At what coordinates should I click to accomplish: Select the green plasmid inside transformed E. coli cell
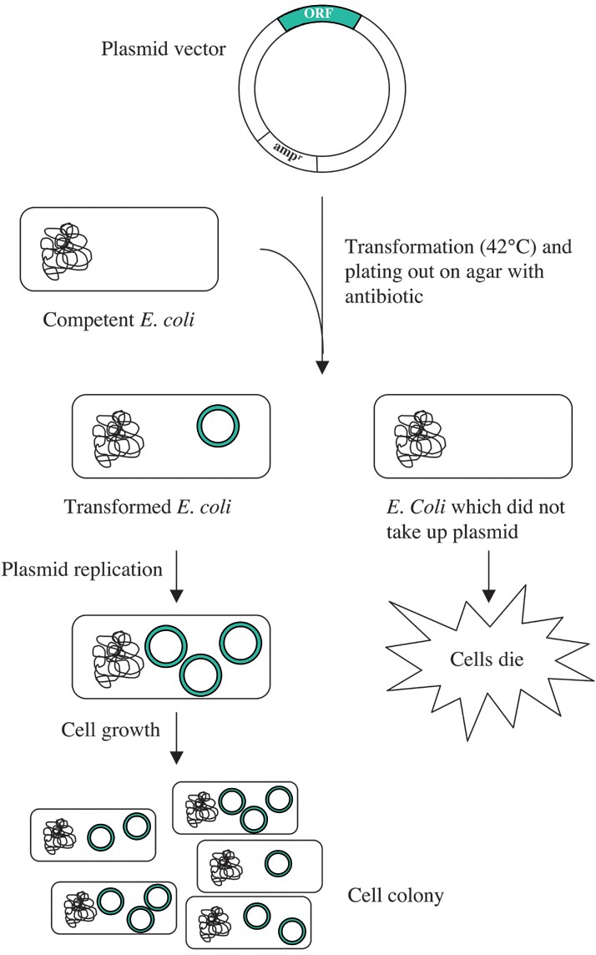(x=218, y=427)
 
